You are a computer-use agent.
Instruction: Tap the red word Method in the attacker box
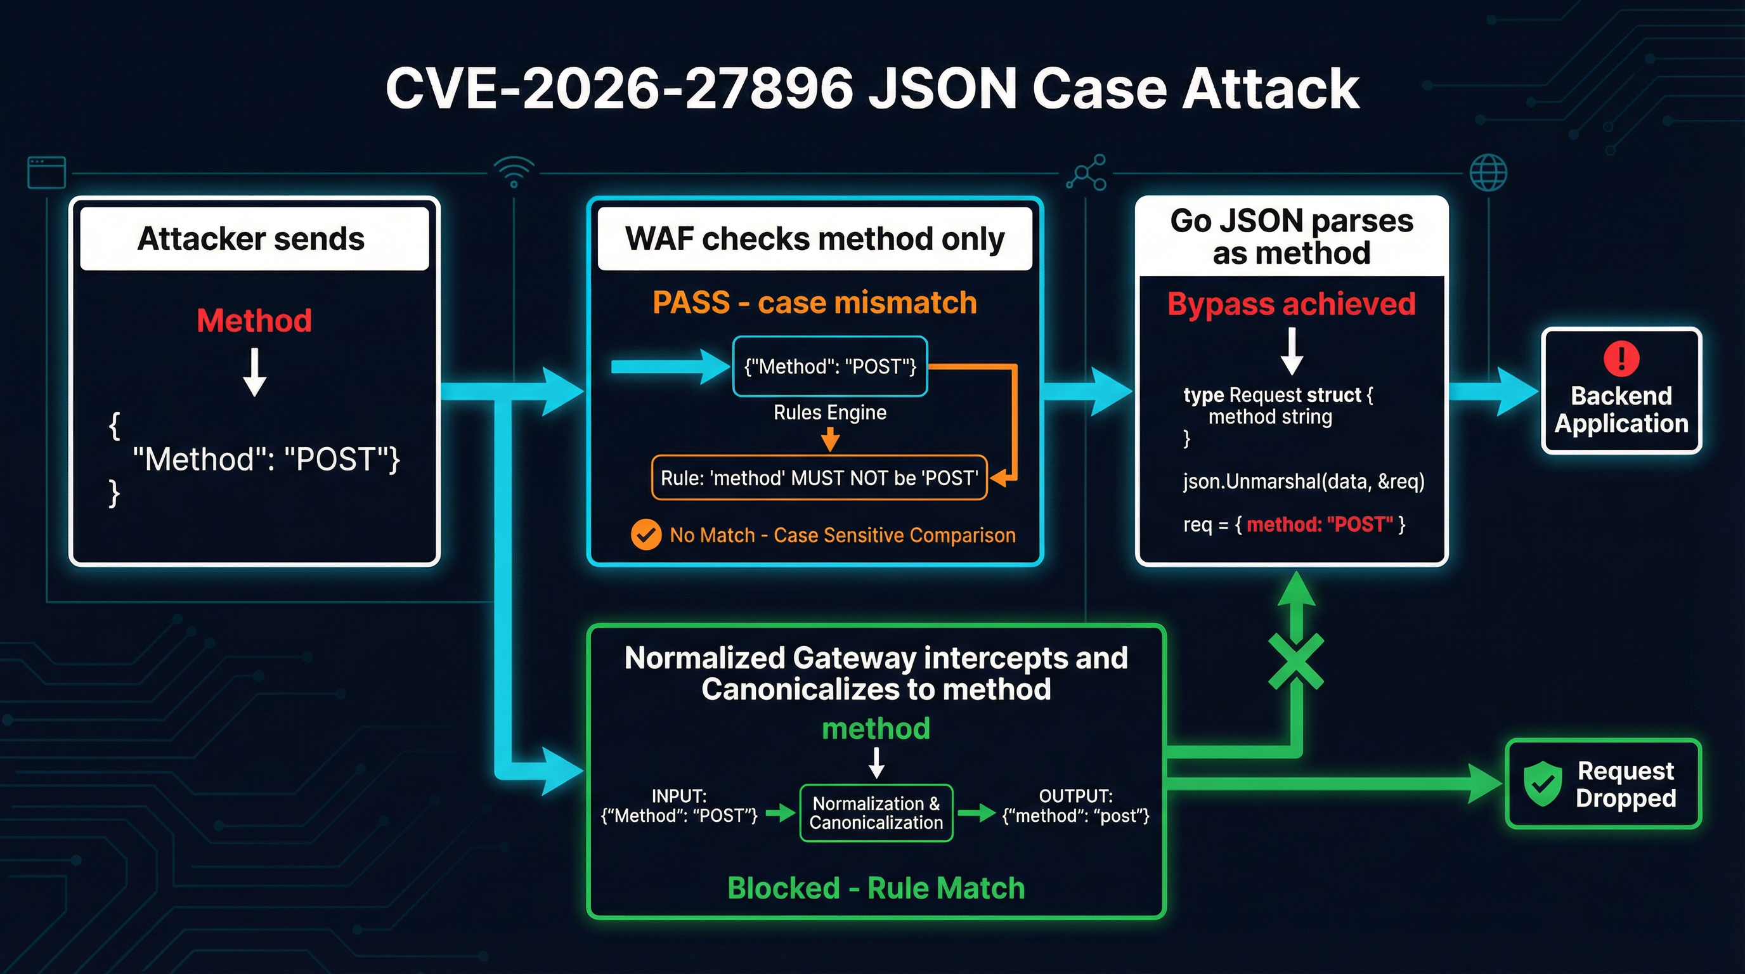click(254, 320)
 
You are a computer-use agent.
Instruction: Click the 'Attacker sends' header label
click(251, 238)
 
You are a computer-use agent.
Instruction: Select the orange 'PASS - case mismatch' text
click(814, 302)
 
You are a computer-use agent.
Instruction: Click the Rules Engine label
click(830, 413)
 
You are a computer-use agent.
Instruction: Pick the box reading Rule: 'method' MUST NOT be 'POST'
click(819, 478)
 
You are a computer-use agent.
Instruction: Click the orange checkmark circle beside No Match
click(645, 535)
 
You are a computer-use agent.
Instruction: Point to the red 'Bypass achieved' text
click(1291, 304)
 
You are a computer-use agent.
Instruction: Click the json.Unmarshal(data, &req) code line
click(1303, 481)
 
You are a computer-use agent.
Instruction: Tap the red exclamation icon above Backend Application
click(1621, 358)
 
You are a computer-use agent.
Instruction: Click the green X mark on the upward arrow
click(1295, 663)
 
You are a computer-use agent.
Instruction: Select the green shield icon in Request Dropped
click(1543, 784)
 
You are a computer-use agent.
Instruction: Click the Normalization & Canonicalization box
click(876, 813)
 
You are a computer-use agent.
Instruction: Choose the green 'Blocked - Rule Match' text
click(876, 888)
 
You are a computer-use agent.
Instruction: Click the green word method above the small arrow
click(876, 729)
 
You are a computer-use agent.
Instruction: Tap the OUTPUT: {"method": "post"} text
click(1075, 806)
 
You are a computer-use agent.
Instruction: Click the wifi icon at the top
click(514, 171)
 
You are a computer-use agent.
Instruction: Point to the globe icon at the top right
click(1488, 172)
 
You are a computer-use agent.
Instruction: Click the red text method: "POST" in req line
click(1320, 524)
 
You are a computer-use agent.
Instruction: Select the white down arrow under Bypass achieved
click(1292, 351)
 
